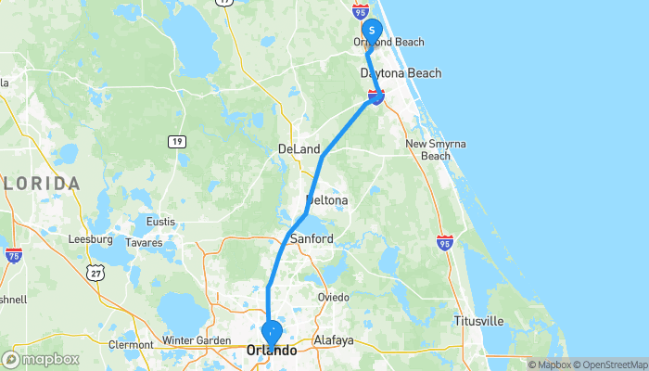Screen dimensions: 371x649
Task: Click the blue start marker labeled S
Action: point(371,31)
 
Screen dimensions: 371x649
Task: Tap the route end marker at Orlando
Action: point(272,331)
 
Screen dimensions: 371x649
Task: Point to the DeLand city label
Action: point(299,149)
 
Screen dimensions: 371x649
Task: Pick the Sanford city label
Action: point(312,238)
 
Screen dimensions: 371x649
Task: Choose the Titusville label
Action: point(478,321)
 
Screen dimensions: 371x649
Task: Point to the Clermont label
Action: point(131,345)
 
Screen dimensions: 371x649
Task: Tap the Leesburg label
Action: point(90,238)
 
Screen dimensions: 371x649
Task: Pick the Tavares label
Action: point(144,243)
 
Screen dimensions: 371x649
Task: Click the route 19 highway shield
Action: point(176,141)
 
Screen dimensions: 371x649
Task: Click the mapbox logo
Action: point(40,359)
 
